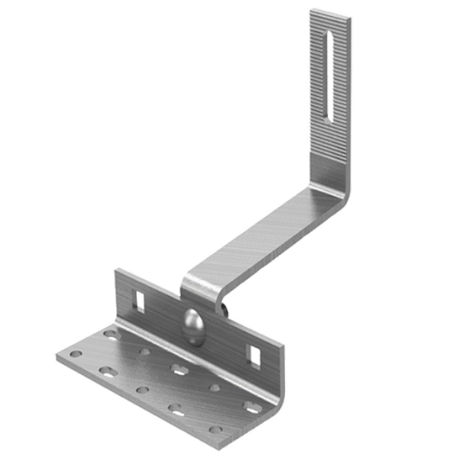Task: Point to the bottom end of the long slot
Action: [325, 115]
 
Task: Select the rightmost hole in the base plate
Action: [251, 407]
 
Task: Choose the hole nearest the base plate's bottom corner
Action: [216, 430]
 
